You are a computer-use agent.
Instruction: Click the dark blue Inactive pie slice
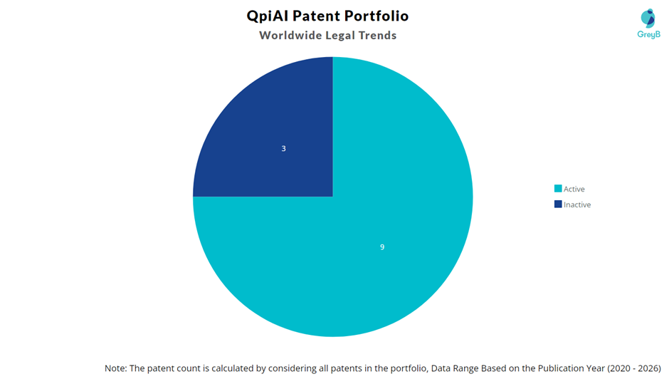(x=273, y=137)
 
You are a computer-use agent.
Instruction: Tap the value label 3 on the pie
(x=284, y=149)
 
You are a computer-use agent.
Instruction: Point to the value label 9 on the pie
(x=382, y=247)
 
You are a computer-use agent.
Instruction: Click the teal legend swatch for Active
(x=558, y=189)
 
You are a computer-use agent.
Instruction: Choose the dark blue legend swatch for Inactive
(x=558, y=204)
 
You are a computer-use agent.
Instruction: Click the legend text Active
(x=574, y=189)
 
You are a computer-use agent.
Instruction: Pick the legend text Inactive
(x=577, y=204)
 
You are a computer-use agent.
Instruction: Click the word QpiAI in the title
(x=268, y=16)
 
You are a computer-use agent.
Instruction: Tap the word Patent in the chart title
(x=316, y=16)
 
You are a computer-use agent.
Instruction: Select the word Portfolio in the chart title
(x=376, y=16)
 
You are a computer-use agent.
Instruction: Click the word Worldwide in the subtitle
(x=290, y=35)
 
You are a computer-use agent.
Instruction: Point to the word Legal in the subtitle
(x=339, y=36)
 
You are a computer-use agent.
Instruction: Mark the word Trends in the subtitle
(x=378, y=35)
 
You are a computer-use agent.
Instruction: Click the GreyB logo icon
(x=648, y=19)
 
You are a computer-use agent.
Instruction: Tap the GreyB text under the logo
(x=648, y=35)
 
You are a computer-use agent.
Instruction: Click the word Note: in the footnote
(x=115, y=368)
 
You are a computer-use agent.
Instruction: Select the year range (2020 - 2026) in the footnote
(x=634, y=368)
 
